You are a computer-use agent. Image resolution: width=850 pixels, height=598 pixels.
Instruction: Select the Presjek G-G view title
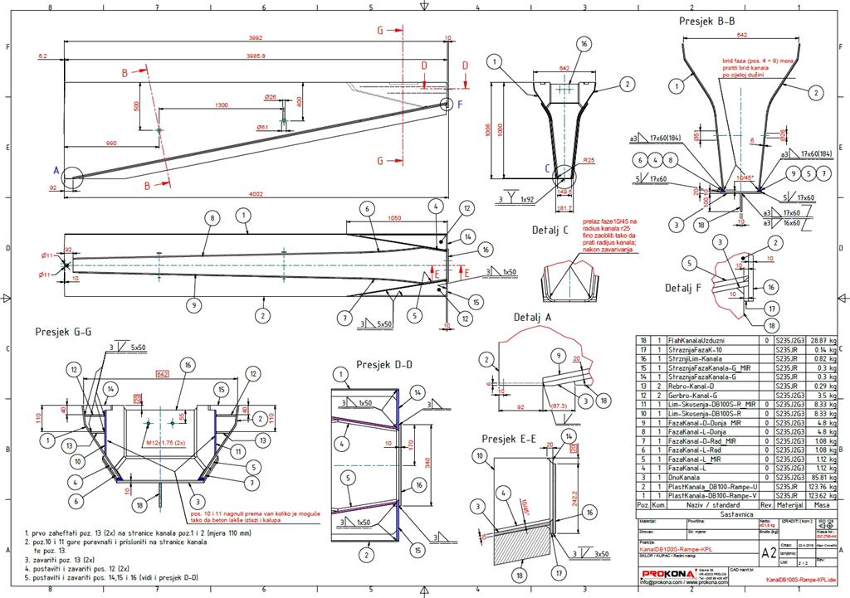[x=63, y=331]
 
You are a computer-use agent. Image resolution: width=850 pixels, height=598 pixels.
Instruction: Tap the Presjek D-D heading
[x=384, y=364]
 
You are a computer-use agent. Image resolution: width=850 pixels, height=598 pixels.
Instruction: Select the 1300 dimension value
[x=222, y=105]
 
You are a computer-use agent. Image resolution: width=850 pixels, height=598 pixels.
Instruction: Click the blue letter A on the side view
[x=56, y=170]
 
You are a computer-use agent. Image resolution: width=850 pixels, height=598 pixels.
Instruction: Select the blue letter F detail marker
[x=461, y=104]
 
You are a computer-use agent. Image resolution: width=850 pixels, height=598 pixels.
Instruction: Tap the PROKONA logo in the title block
[x=664, y=574]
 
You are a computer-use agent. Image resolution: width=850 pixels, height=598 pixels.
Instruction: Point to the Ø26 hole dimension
[x=271, y=96]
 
